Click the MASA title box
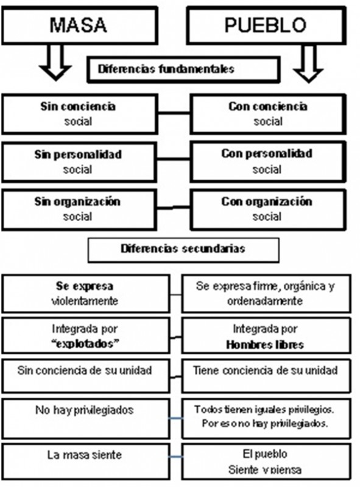[80, 25]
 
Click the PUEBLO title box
[266, 25]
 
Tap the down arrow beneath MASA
[55, 63]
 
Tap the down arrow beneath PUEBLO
[308, 63]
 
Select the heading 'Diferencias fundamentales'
[166, 69]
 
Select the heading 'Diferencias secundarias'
[183, 249]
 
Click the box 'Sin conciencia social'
[80, 114]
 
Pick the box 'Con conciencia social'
[268, 114]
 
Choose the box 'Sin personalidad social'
[79, 162]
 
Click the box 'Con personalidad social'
[268, 161]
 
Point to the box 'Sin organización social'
[79, 209]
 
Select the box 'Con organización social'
[268, 209]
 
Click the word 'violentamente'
[85, 301]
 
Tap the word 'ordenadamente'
[265, 301]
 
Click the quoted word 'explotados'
[85, 344]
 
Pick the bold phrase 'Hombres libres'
[265, 345]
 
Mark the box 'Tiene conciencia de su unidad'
[266, 376]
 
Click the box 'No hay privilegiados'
[86, 418]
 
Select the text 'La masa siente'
[84, 455]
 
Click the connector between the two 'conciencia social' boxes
[174, 113]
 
